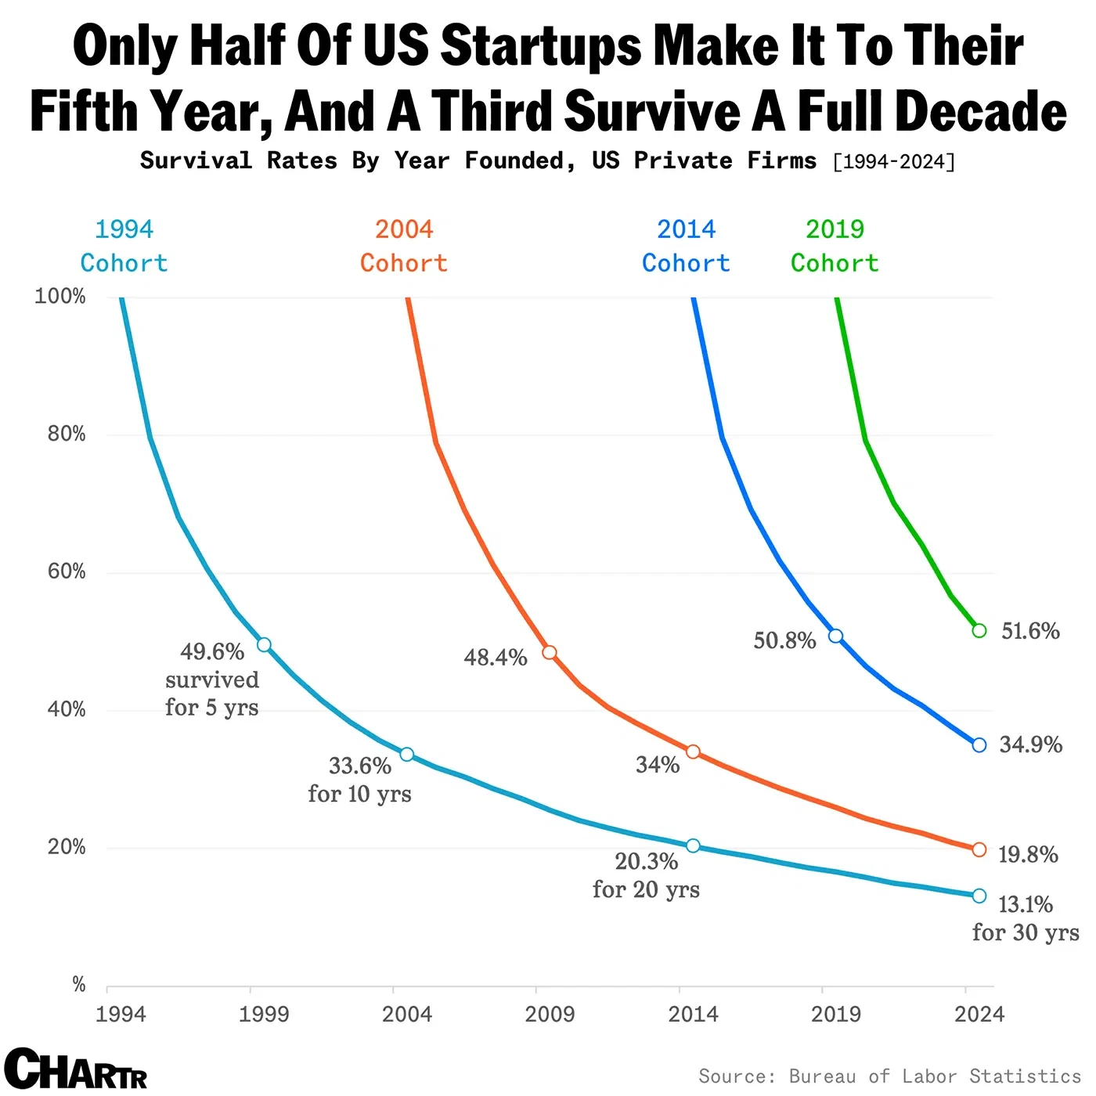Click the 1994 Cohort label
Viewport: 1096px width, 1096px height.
tap(124, 246)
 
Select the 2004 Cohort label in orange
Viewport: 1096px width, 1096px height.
tap(404, 246)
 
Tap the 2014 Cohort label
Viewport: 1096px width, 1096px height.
tap(686, 246)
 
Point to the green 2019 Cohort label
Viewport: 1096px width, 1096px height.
tap(835, 246)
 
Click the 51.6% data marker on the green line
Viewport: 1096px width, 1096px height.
tap(979, 630)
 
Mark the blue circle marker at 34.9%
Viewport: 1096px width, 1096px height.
tap(979, 744)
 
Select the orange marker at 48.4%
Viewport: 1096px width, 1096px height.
tap(550, 652)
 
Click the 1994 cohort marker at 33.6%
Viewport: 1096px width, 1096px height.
tap(406, 754)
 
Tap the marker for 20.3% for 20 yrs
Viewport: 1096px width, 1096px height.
tap(693, 845)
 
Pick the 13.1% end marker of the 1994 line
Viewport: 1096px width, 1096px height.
tap(979, 896)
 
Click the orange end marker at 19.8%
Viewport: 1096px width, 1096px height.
tap(979, 849)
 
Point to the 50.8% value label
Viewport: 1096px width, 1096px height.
tap(784, 640)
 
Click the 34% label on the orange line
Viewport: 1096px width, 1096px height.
tap(658, 764)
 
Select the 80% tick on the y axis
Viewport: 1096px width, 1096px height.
tap(67, 434)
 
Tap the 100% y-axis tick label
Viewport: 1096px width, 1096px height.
tap(60, 296)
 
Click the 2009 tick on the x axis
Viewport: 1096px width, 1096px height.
tap(550, 1014)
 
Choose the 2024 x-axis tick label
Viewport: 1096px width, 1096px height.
tap(979, 1014)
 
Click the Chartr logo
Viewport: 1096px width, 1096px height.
tap(76, 1069)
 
